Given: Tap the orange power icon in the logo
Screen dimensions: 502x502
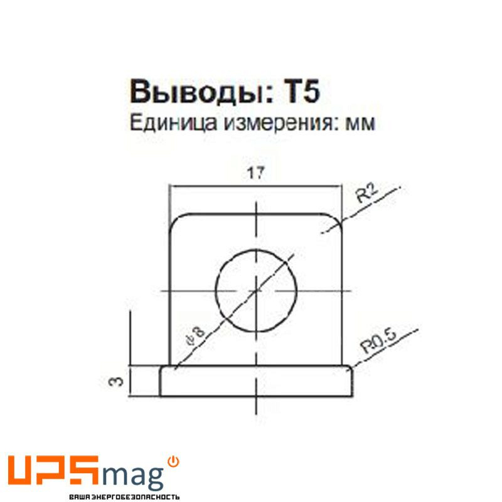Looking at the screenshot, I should (x=174, y=462).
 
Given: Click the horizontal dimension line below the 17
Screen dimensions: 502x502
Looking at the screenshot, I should (x=256, y=186).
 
